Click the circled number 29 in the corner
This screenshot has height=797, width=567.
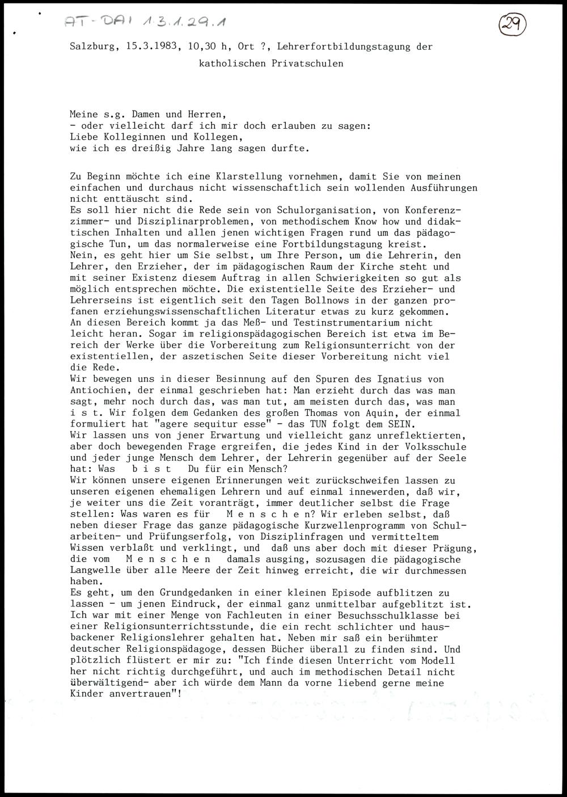tap(513, 25)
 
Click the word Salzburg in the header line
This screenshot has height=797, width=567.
tap(92, 47)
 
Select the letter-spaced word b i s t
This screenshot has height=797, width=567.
tap(152, 469)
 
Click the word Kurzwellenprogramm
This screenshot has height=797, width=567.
tap(355, 525)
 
